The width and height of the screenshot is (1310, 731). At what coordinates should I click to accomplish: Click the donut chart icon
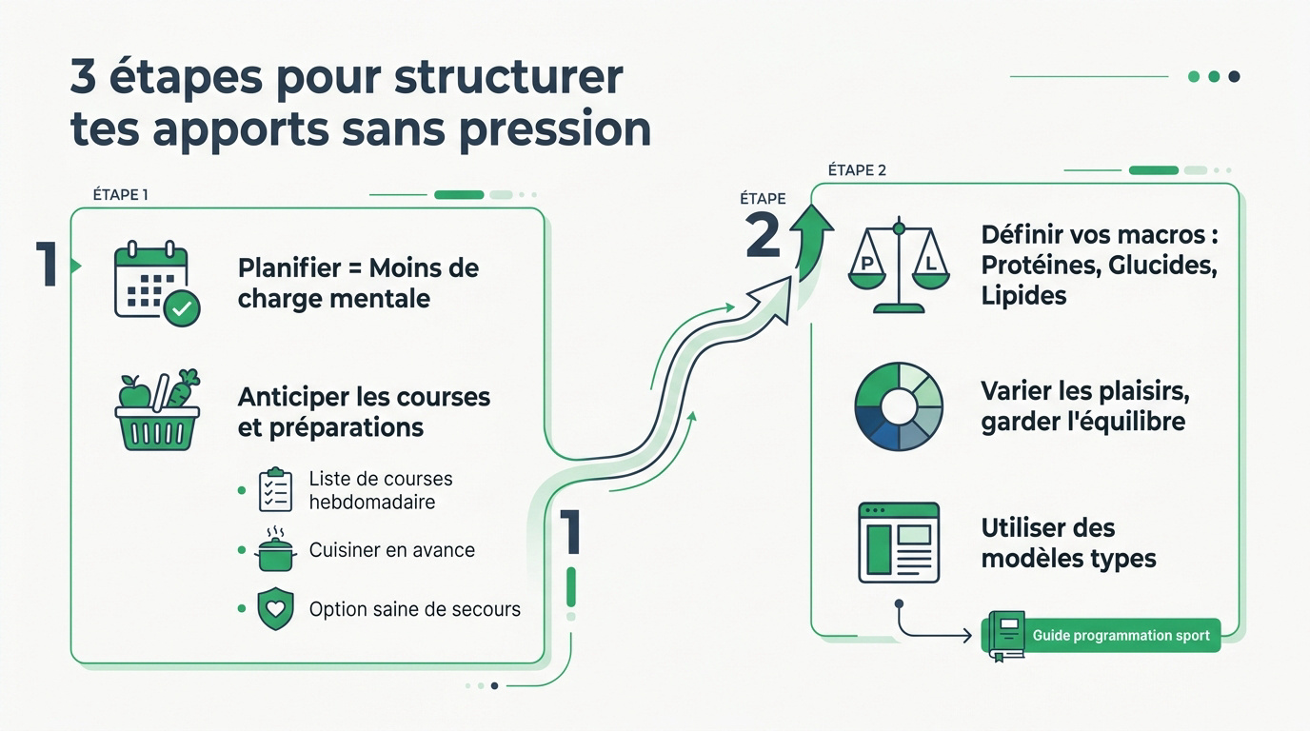pos(899,406)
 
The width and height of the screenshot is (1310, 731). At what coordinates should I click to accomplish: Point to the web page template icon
pos(899,543)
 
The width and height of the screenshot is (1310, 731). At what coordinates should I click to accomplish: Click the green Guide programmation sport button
pos(1101,635)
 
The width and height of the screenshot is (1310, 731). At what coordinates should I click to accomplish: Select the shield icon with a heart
pos(275,609)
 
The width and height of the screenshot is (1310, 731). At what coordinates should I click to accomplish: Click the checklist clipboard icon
pos(275,490)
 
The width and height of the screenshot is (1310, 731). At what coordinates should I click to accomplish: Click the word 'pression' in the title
pos(554,129)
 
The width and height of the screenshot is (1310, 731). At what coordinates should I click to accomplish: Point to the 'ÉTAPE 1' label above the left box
pos(121,195)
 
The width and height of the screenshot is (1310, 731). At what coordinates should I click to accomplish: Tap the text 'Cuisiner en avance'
pos(392,550)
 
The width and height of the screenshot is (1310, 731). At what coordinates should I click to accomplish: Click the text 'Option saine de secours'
pos(415,609)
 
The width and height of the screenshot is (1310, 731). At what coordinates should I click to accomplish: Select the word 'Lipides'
pos(1023,296)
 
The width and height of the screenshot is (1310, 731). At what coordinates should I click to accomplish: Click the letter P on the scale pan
pos(867,263)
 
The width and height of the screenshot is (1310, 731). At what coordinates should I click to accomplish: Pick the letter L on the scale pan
pos(930,263)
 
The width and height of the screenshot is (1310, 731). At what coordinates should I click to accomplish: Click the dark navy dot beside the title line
pos(1234,76)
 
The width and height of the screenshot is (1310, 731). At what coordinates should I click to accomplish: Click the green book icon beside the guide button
pos(1006,636)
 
